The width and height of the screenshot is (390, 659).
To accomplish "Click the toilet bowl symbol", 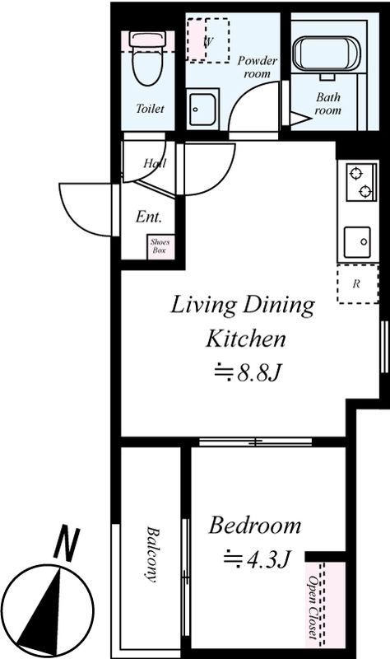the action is (x=148, y=58).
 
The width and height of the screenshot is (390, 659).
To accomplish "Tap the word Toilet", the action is (x=150, y=109).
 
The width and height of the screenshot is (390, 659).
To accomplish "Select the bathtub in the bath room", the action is (x=326, y=54).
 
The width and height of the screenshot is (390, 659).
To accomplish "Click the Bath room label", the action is (x=327, y=104).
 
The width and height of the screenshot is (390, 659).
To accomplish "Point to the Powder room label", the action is (x=257, y=67).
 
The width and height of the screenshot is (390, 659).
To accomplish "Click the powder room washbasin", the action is (x=202, y=110).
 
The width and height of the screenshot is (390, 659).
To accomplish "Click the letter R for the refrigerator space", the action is (x=356, y=284).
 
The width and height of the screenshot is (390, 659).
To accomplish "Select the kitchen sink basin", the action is (x=357, y=242).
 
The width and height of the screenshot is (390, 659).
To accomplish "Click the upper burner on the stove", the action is (x=356, y=173).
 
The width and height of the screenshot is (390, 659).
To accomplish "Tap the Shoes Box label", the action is (x=160, y=246).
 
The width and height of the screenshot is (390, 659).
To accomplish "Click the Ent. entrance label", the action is (x=149, y=217).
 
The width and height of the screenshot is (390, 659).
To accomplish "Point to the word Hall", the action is (x=155, y=163).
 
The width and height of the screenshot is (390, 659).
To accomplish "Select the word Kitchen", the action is (x=245, y=339).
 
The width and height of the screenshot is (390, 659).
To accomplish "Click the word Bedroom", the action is (x=255, y=526).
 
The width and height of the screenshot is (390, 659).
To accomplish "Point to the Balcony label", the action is (x=151, y=554).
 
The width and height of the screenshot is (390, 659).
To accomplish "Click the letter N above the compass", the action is (x=67, y=543).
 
